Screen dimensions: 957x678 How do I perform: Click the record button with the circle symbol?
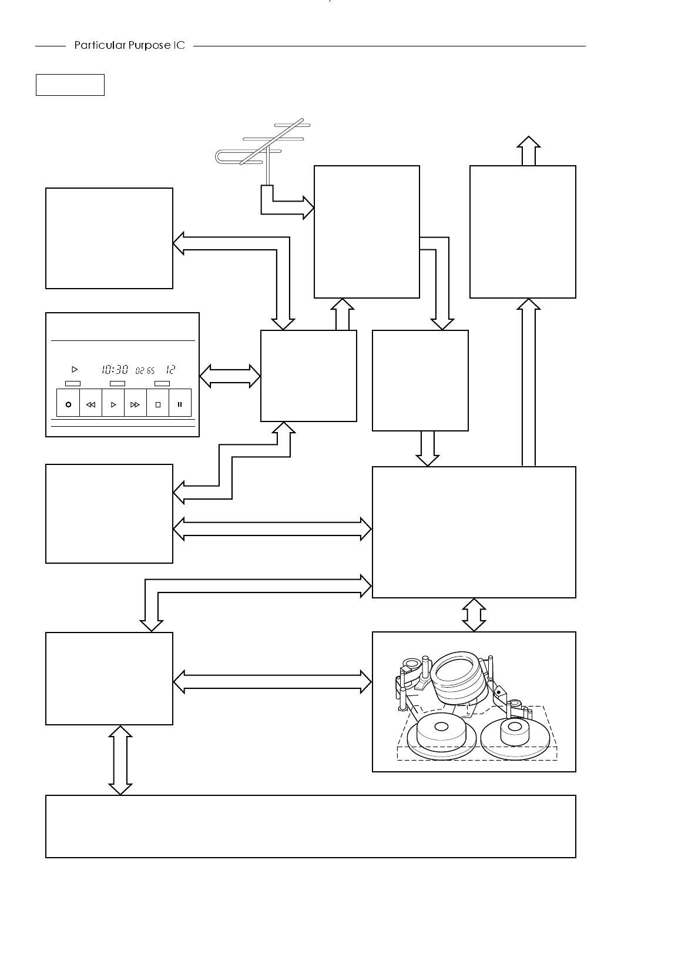click(68, 404)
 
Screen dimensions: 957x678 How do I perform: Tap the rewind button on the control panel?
click(90, 404)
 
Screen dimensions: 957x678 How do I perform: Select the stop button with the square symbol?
click(157, 404)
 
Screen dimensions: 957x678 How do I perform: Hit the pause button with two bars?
click(180, 404)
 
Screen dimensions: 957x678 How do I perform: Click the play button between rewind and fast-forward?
click(113, 404)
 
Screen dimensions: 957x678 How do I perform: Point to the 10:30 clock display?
click(114, 370)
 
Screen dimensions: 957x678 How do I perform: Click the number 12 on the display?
click(170, 370)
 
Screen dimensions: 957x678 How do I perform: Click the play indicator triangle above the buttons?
click(74, 370)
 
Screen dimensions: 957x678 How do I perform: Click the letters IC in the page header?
click(179, 46)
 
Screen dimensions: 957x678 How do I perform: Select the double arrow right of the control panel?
click(230, 376)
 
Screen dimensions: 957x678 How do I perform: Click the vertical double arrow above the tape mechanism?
click(474, 615)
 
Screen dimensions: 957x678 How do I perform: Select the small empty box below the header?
click(70, 85)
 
